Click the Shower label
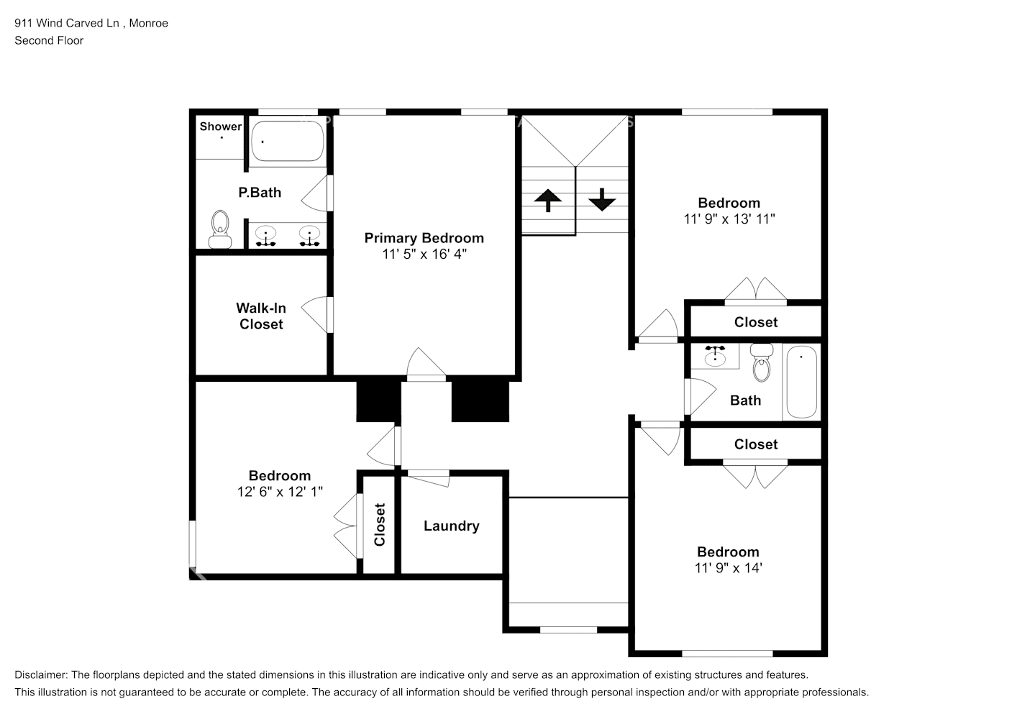(221, 127)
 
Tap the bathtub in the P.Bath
(288, 141)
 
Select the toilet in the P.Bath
(220, 229)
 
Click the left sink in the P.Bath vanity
(265, 236)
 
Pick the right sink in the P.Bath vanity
(309, 236)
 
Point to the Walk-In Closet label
(261, 316)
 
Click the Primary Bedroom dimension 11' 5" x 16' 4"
(424, 255)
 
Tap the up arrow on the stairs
(548, 200)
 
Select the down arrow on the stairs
(602, 200)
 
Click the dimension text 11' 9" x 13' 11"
(729, 219)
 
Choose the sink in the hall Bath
(715, 356)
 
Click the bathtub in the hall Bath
(802, 382)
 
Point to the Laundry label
(451, 526)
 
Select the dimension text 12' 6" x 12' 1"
(280, 492)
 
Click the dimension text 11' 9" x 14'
(729, 568)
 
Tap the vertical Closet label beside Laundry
(380, 524)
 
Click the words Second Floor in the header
(49, 40)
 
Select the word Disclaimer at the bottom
(41, 675)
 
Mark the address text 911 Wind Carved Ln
(67, 23)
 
